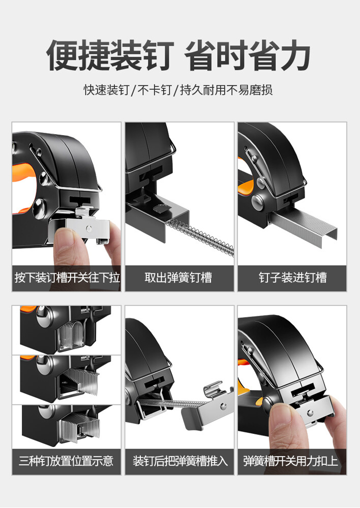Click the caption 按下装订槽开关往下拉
pos(67,278)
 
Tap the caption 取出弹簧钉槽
pos(178,278)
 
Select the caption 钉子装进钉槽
pos(292,278)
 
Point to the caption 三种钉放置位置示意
pos(66,461)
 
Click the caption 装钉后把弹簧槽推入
pos(180,461)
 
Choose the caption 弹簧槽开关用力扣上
pos(291,461)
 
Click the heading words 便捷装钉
pos(110,55)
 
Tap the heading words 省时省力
pos(247,55)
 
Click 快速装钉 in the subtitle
pos(106,90)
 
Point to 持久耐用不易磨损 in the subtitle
pos(226,90)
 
